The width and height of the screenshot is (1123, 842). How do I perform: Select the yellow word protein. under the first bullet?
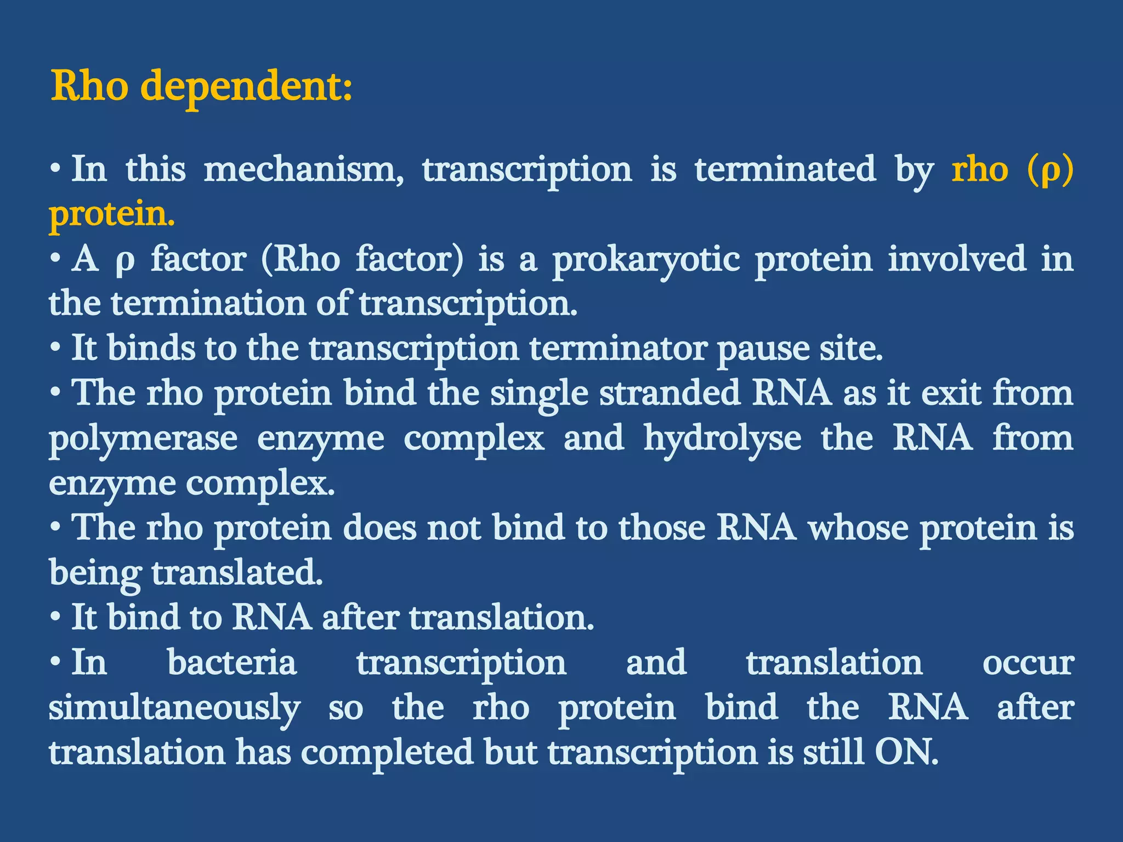click(112, 214)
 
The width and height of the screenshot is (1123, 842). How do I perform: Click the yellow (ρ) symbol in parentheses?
click(1050, 169)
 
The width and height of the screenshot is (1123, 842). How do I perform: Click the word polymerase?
click(143, 440)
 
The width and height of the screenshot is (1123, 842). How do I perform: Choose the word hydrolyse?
click(722, 440)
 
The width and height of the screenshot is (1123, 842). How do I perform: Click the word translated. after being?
click(237, 573)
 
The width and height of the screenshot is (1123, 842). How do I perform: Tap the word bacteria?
click(232, 663)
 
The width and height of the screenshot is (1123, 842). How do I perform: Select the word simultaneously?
click(174, 708)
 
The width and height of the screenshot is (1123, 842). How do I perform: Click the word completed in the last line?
click(387, 752)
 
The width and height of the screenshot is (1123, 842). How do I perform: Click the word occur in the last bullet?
click(1027, 664)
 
